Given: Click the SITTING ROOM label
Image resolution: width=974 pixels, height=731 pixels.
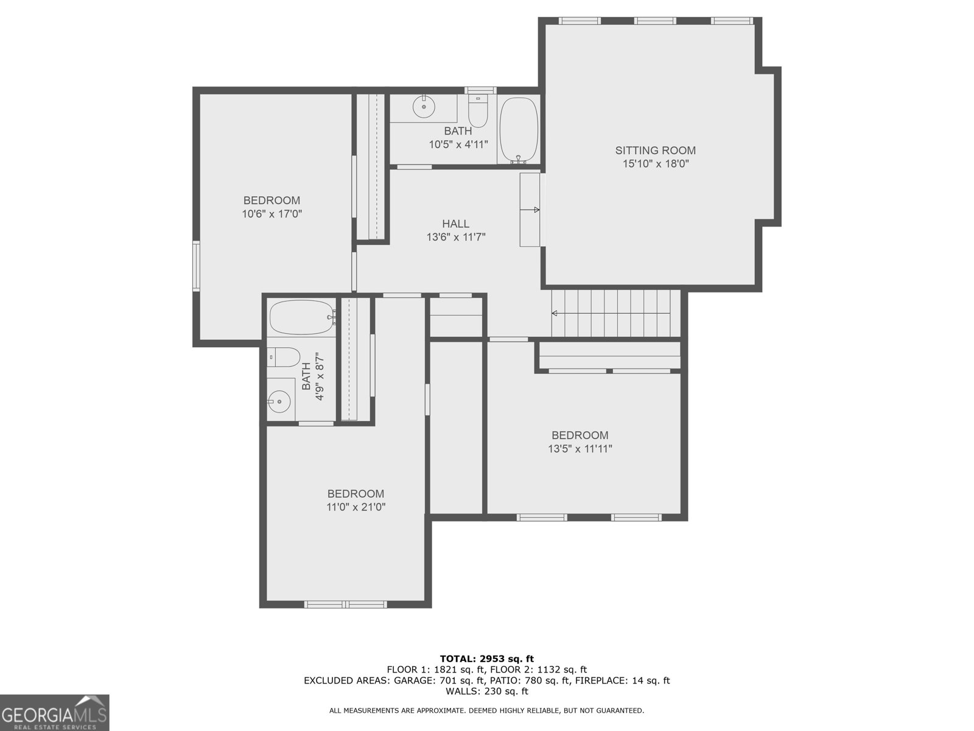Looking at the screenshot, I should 655,150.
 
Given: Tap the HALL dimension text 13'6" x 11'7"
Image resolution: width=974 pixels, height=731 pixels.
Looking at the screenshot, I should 455,238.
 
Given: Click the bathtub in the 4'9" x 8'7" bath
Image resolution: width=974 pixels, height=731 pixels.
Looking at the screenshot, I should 302,317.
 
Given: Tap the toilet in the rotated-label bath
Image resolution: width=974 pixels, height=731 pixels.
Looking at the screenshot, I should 284,357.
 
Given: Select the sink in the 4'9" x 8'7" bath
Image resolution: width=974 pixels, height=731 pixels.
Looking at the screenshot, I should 280,401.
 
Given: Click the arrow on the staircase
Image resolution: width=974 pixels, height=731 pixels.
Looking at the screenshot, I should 555,314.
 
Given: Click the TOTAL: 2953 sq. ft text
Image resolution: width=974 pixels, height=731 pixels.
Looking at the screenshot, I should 486,659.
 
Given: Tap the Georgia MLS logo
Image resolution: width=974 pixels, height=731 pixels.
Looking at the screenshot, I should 54,713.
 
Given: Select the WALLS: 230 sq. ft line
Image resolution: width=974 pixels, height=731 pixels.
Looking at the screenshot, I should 486,691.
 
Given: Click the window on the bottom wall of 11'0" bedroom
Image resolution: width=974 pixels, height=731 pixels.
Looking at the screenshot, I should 345,604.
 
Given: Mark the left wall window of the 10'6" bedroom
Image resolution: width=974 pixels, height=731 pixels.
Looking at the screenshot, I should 197,265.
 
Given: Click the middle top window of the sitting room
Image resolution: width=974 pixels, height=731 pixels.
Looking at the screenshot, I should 654,21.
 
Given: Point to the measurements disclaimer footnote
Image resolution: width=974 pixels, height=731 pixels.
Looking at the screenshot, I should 486,710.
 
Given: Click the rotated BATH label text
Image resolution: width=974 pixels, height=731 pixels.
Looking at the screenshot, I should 306,376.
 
